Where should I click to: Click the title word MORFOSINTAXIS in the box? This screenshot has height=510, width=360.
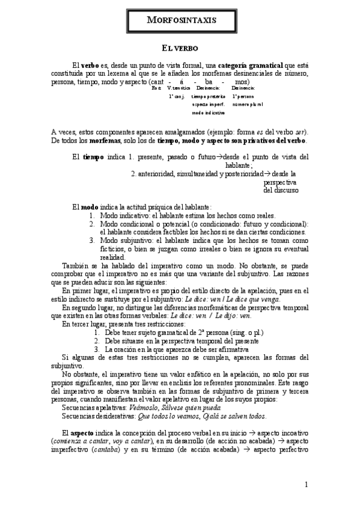click(180, 20)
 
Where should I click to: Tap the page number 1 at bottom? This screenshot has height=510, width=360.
click(306, 484)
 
